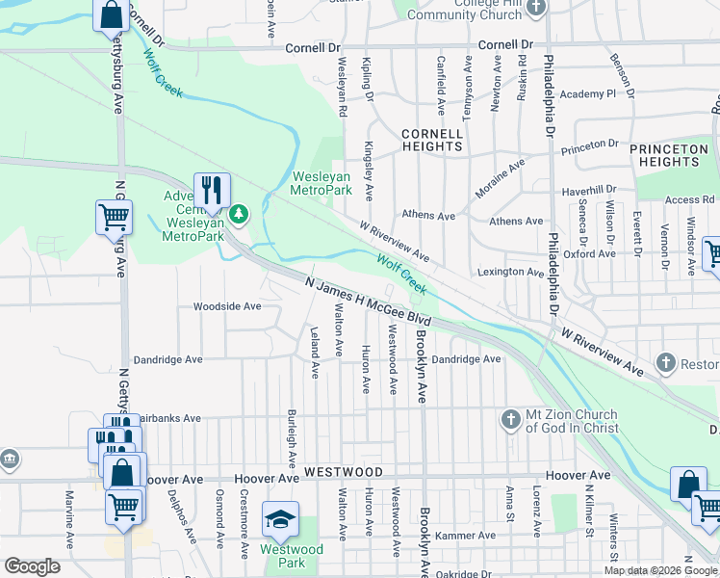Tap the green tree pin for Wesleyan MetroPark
(241, 213)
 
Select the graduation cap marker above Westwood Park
(280, 518)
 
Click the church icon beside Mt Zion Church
(511, 419)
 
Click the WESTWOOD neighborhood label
(344, 472)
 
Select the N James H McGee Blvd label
(367, 302)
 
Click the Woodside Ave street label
(227, 306)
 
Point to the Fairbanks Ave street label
(169, 419)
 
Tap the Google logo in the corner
(32, 566)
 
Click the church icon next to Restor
(664, 363)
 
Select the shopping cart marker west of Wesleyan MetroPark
(114, 217)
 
